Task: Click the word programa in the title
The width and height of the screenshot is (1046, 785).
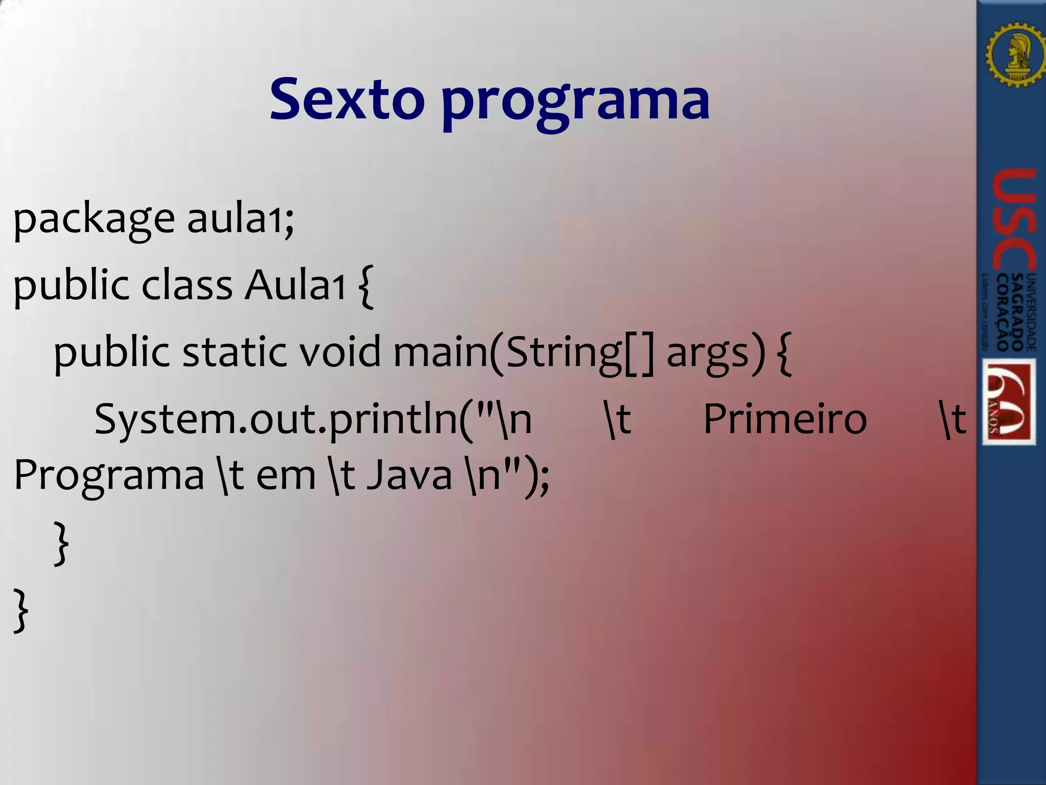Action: coord(575,102)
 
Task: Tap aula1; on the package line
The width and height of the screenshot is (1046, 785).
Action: coord(241,219)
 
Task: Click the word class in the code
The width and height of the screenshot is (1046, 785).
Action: coord(187,285)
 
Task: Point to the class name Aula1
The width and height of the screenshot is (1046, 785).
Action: coord(295,285)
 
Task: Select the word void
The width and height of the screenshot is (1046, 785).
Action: coord(340,353)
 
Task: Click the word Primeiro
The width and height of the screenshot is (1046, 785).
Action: coord(785,419)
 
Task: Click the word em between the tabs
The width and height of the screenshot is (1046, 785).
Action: coord(286,475)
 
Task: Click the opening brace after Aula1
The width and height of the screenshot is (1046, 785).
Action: coord(366,286)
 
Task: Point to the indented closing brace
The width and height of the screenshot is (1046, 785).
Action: coord(61,543)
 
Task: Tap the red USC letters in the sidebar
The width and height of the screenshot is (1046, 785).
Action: coord(1014,220)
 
